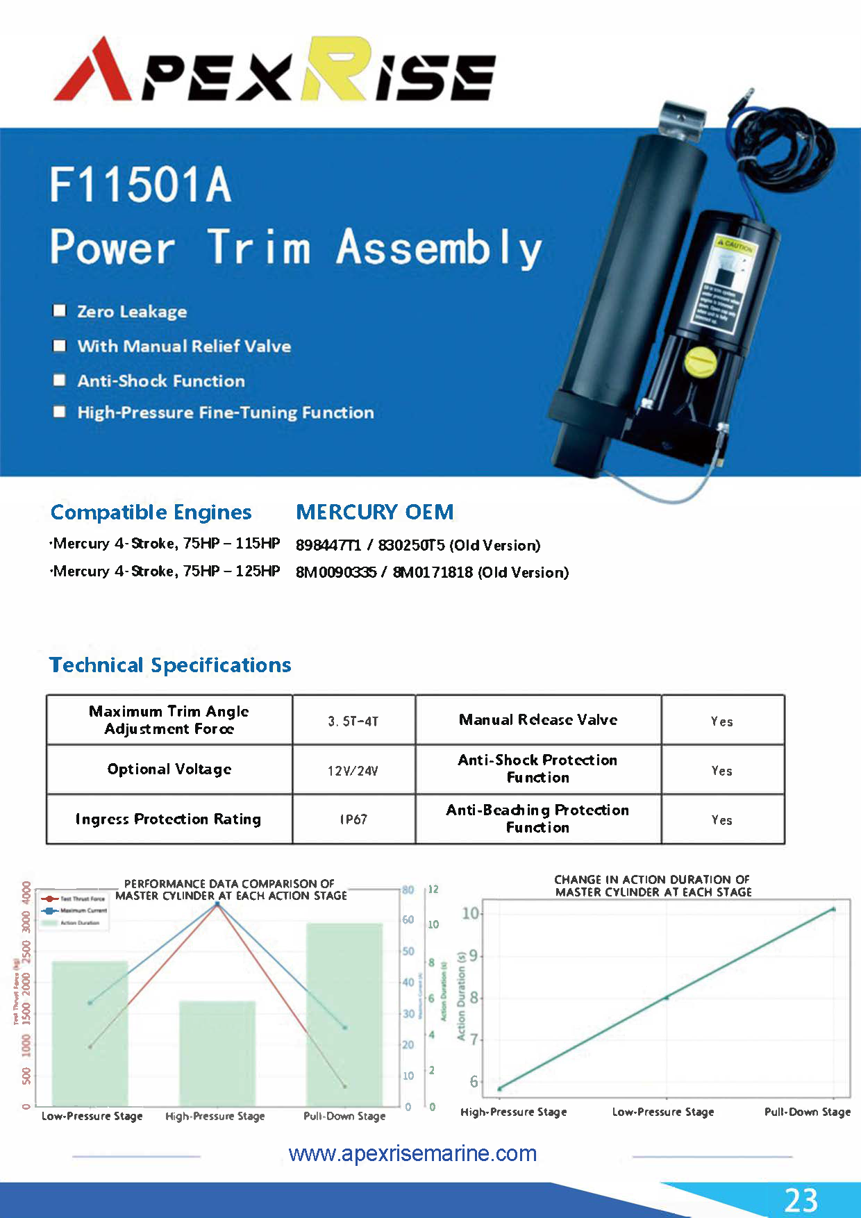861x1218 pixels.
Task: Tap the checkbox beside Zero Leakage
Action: [x=60, y=310]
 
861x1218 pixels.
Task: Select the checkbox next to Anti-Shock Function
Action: [x=60, y=380]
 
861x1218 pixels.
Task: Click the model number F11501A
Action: [x=140, y=185]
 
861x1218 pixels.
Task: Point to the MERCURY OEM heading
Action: [x=374, y=512]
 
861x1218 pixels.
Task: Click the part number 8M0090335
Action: [x=336, y=572]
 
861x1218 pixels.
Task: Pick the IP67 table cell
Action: [x=353, y=819]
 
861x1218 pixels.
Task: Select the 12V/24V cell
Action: [x=353, y=770]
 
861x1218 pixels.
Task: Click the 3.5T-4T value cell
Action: [x=353, y=721]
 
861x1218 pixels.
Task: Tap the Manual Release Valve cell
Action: [x=538, y=720]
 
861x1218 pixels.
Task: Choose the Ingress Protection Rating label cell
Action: [x=169, y=819]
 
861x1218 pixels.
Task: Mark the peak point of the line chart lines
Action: [x=217, y=904]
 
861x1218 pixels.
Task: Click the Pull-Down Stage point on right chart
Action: [x=833, y=909]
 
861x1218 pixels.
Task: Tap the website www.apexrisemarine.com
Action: [x=412, y=1153]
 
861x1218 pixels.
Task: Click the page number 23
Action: [x=801, y=1200]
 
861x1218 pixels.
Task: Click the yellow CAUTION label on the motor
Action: [x=735, y=245]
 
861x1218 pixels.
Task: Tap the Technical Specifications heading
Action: [x=170, y=665]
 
